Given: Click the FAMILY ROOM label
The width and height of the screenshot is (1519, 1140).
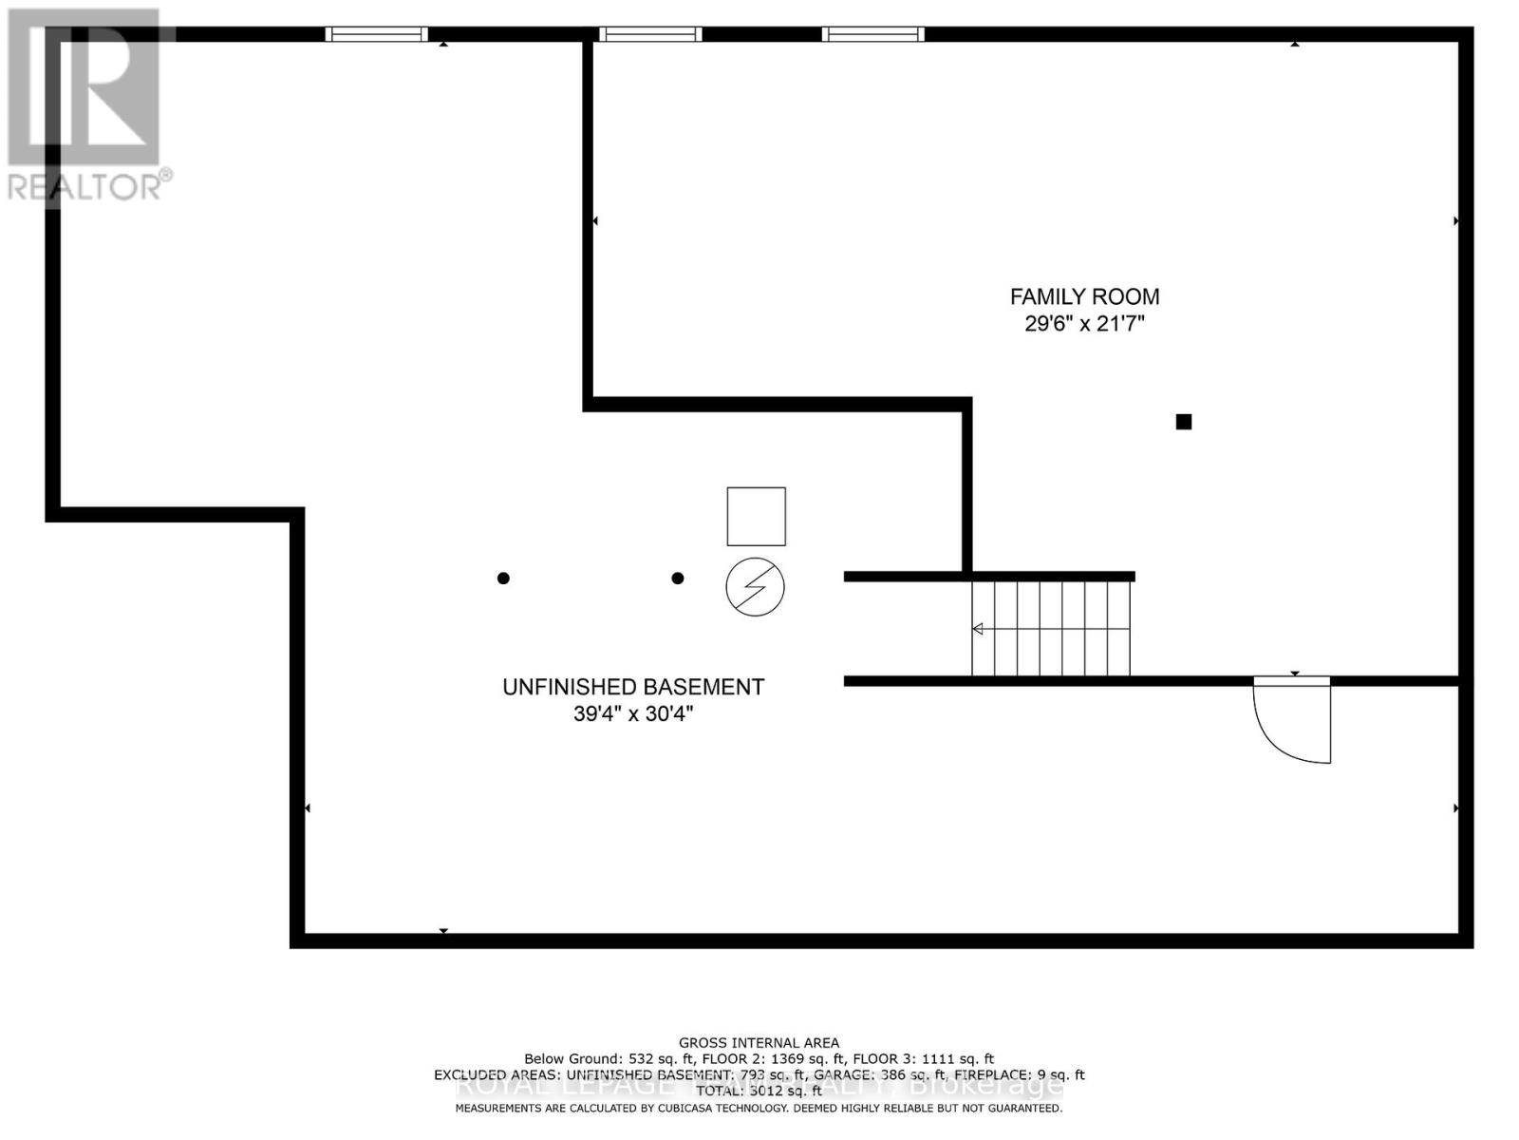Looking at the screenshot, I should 1084,296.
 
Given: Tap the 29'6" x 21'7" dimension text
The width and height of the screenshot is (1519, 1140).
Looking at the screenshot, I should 1084,324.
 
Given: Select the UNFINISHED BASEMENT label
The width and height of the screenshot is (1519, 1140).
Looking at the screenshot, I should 633,687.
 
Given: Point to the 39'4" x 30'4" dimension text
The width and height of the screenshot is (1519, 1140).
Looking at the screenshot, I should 633,713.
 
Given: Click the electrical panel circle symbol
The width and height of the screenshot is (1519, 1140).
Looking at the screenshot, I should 755,587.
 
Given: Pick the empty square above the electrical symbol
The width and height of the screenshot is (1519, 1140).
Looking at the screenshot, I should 756,516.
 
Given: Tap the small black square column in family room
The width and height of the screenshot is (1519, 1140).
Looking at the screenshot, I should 1183,422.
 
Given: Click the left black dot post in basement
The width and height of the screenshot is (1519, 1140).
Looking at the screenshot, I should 503,578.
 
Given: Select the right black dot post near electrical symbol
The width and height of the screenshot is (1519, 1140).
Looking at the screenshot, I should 677,578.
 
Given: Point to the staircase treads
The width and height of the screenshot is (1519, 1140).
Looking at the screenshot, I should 1051,628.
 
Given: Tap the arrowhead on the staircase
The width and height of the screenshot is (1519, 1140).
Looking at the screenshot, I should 977,629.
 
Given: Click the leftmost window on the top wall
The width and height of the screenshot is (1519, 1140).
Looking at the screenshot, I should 376,34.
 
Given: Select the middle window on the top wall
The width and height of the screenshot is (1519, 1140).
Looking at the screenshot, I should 650,34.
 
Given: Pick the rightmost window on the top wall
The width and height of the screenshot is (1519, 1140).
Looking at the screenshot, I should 872,34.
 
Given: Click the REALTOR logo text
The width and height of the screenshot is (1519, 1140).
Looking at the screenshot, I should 89,186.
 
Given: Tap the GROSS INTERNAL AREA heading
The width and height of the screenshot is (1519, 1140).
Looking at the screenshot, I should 759,1043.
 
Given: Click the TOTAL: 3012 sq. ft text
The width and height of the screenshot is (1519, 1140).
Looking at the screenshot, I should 759,1092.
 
